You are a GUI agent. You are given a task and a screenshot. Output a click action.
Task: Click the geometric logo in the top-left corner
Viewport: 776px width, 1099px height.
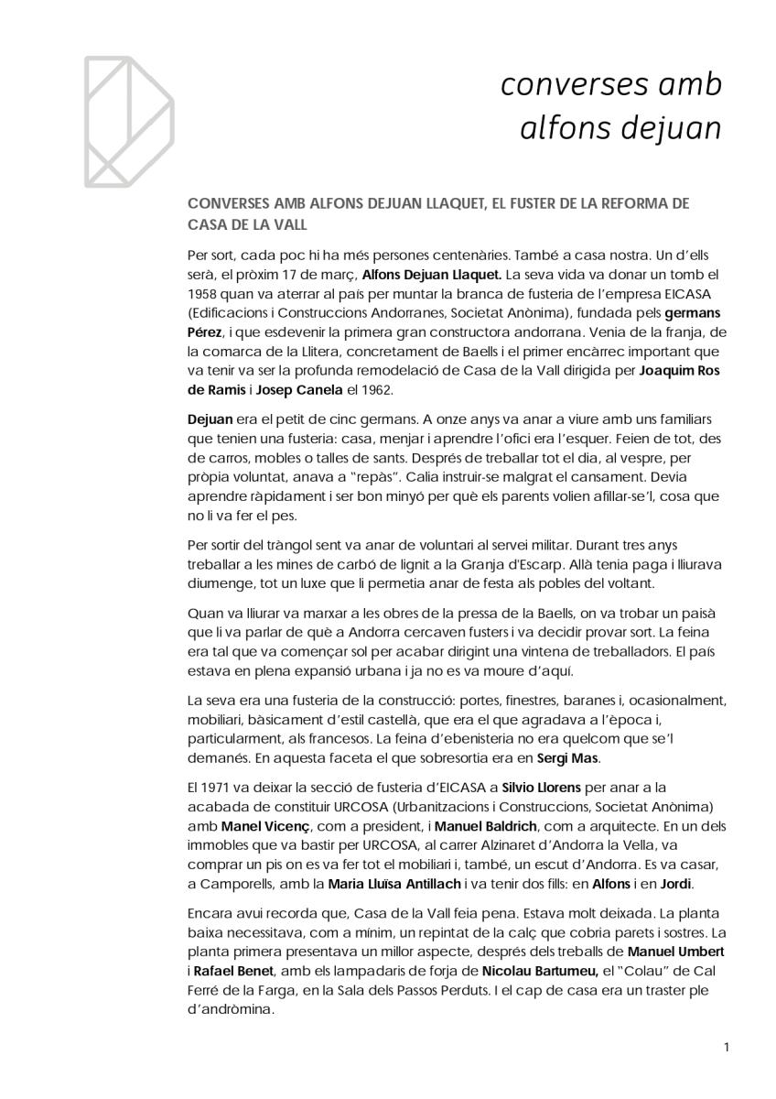[128, 119]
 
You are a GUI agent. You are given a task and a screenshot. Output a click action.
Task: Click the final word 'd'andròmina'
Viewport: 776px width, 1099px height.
[235, 1010]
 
